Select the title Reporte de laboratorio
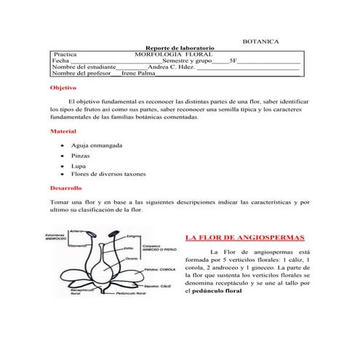(x=180, y=48)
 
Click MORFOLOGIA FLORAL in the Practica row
(x=173, y=55)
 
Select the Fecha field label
(x=61, y=61)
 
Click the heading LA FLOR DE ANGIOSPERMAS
(x=244, y=238)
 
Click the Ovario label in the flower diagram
(x=132, y=259)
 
